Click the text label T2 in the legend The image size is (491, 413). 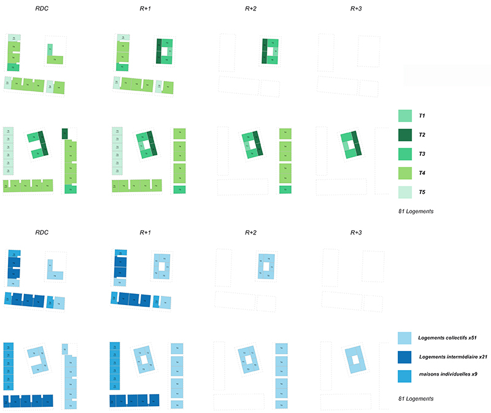[422, 134]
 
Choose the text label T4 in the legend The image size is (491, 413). [422, 173]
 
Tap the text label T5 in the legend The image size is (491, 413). [422, 193]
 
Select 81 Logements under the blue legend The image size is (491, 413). [416, 398]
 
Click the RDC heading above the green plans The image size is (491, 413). [42, 10]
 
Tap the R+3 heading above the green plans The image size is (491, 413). [357, 10]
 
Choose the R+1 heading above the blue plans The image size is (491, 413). [146, 233]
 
